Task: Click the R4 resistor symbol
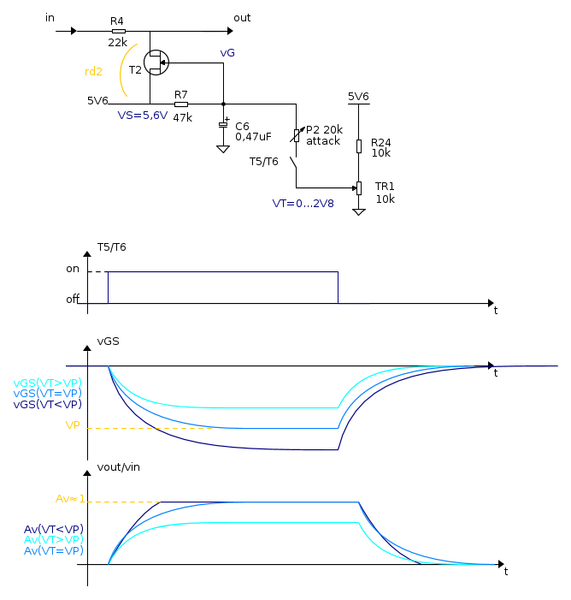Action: (119, 31)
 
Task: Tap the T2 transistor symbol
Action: (156, 62)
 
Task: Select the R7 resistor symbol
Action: (181, 104)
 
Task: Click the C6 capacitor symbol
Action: (223, 124)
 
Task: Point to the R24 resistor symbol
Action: (358, 146)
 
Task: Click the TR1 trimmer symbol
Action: (358, 188)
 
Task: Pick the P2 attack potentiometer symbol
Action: (297, 135)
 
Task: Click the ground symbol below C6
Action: (223, 149)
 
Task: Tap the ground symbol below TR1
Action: (358, 212)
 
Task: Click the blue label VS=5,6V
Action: (143, 116)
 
